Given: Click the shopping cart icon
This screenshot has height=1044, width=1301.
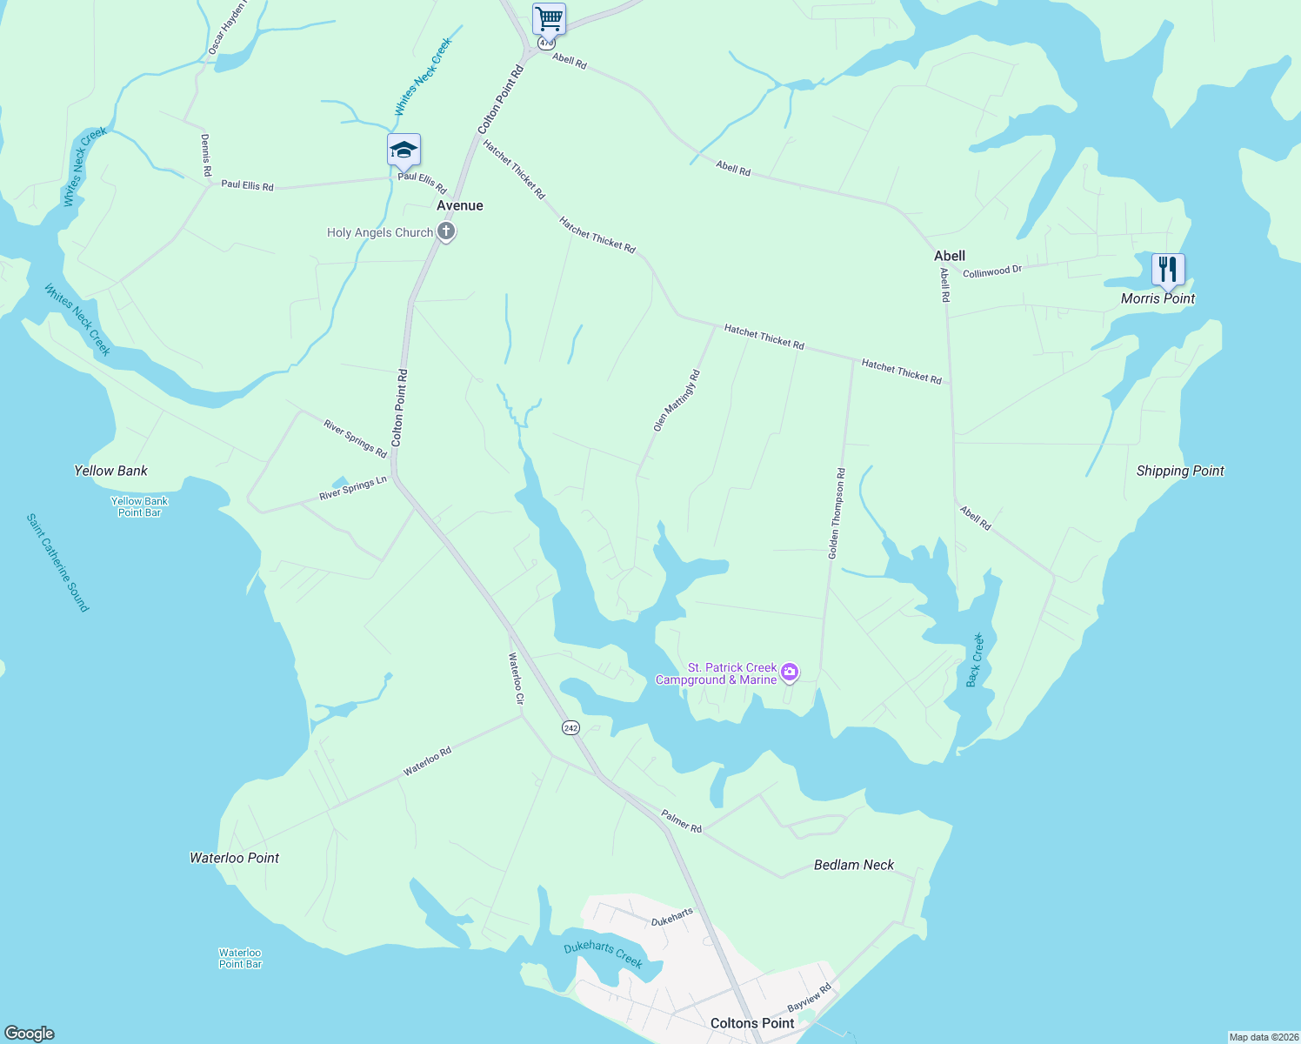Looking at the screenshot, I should [x=549, y=18].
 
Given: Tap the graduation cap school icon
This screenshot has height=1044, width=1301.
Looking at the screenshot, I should [x=404, y=151].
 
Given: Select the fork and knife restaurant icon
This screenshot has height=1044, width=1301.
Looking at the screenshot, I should [x=1168, y=269].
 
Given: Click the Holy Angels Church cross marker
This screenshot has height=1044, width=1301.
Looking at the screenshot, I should [x=446, y=232].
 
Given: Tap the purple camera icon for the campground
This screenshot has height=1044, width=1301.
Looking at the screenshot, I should [x=790, y=671].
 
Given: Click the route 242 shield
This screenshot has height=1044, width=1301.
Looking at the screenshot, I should [x=570, y=727].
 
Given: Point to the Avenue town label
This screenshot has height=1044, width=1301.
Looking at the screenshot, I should [x=460, y=205].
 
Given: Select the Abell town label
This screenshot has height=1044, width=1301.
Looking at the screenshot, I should [x=950, y=256].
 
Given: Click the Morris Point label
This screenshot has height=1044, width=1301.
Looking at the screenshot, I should [x=1158, y=298].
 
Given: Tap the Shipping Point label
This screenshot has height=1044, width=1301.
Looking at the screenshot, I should [x=1180, y=471].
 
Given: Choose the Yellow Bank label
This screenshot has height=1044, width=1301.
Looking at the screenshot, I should [x=111, y=471].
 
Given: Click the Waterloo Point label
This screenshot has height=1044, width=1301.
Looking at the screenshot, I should [x=235, y=858].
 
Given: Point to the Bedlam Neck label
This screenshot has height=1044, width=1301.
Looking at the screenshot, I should [x=854, y=865].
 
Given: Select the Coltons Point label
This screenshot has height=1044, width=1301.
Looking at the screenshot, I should [x=752, y=1023].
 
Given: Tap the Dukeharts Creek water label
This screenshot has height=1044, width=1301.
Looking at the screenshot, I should [x=604, y=954].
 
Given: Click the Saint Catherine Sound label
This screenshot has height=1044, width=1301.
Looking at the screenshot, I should [x=58, y=563].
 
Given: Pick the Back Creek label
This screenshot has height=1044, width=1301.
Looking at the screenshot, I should [x=975, y=660].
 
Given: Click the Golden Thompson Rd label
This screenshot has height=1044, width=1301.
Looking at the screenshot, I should [x=837, y=513].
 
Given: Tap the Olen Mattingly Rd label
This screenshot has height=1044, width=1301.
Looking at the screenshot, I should [x=677, y=401].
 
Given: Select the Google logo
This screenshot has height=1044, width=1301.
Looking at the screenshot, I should [x=30, y=1033].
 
